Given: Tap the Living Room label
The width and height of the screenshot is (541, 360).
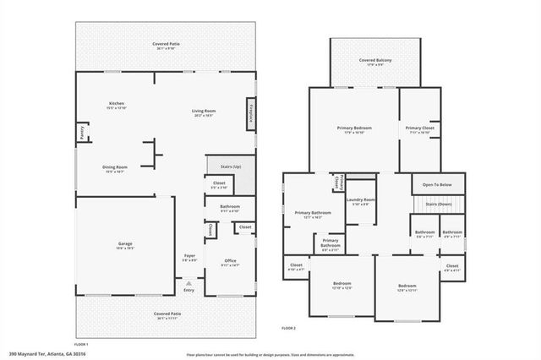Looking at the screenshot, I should pyautogui.click(x=203, y=112).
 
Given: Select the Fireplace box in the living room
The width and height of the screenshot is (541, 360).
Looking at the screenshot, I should pyautogui.click(x=249, y=113).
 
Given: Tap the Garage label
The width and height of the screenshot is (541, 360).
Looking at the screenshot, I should pyautogui.click(x=124, y=246).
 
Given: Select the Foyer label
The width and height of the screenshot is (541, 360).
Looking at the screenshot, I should pyautogui.click(x=189, y=257).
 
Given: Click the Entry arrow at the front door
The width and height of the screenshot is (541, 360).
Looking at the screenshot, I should pyautogui.click(x=189, y=290).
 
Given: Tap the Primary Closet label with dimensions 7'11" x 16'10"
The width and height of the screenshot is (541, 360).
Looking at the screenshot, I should pyautogui.click(x=419, y=129).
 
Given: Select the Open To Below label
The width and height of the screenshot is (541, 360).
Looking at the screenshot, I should pyautogui.click(x=437, y=184).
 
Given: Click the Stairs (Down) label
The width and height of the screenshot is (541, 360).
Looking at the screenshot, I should pyautogui.click(x=437, y=205).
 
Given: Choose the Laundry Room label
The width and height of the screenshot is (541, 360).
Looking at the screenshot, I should pyautogui.click(x=361, y=201).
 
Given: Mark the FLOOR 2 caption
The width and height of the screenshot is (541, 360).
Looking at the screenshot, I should pyautogui.click(x=288, y=329).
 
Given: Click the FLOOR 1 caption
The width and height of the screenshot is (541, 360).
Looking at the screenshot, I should pyautogui.click(x=81, y=345).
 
